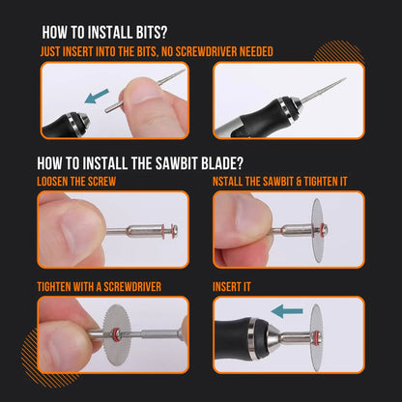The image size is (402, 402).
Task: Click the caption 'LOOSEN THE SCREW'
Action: click(75, 182)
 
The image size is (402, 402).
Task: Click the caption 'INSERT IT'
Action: click(232, 287)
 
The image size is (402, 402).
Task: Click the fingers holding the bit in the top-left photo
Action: click(145, 97)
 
